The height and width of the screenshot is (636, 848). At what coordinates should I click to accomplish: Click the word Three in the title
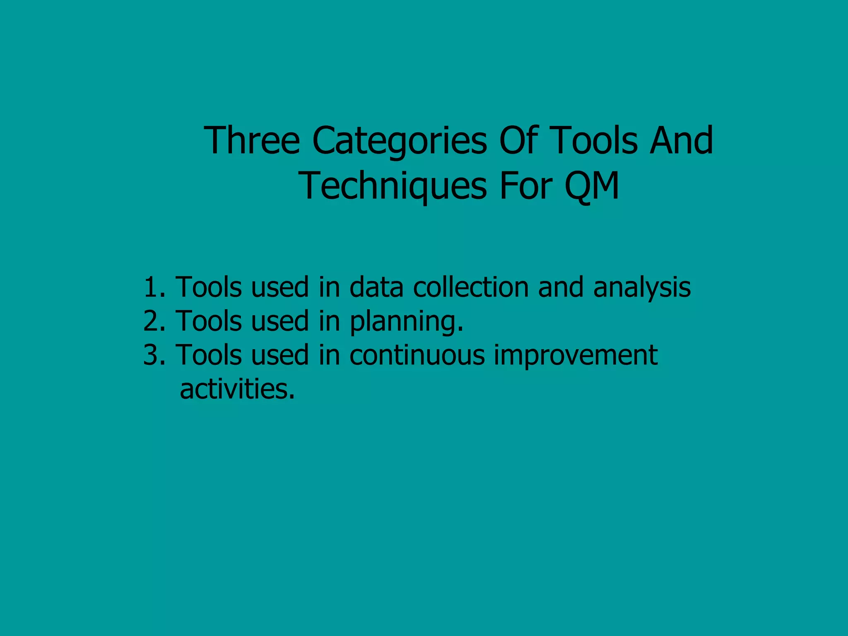[251, 141]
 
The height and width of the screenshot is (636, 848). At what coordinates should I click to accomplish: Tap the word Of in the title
[519, 141]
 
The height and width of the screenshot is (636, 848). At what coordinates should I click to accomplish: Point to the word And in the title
[681, 141]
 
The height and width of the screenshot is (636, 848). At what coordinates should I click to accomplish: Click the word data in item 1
[376, 287]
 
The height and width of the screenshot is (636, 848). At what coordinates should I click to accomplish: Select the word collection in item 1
[471, 287]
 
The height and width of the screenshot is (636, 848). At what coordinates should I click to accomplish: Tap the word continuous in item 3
[417, 355]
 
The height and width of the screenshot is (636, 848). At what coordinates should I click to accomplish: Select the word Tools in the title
[594, 141]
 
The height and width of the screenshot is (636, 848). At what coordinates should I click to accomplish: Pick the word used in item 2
[280, 321]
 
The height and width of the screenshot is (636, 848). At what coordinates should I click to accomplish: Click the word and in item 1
[561, 287]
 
